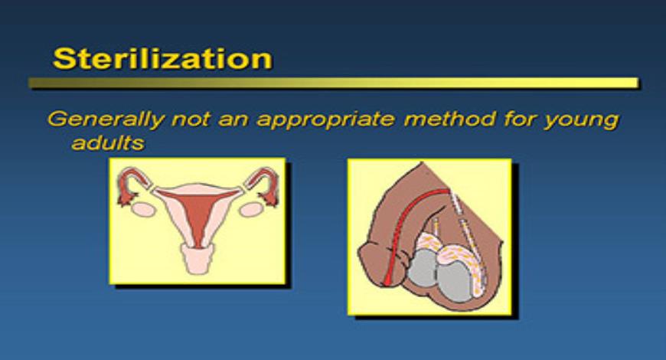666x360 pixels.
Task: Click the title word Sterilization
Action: pyautogui.click(x=162, y=59)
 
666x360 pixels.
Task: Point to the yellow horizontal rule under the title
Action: pyautogui.click(x=333, y=83)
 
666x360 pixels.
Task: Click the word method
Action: pyautogui.click(x=433, y=119)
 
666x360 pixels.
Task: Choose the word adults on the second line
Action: pyautogui.click(x=106, y=142)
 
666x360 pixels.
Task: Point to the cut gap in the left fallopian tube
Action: pyautogui.click(x=151, y=188)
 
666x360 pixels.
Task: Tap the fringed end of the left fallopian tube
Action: pyautogui.click(x=122, y=196)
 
